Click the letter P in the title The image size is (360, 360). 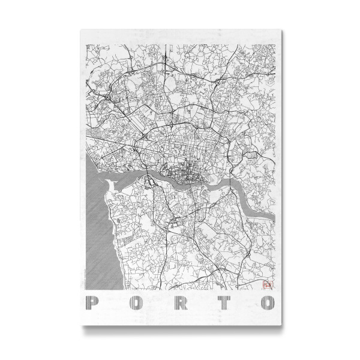pyautogui.click(x=92, y=301)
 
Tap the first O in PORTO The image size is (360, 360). pyautogui.click(x=136, y=301)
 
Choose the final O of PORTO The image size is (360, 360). pyautogui.click(x=266, y=301)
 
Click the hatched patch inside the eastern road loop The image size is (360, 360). pyautogui.click(x=250, y=154)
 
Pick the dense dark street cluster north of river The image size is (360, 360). pyautogui.click(x=180, y=175)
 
